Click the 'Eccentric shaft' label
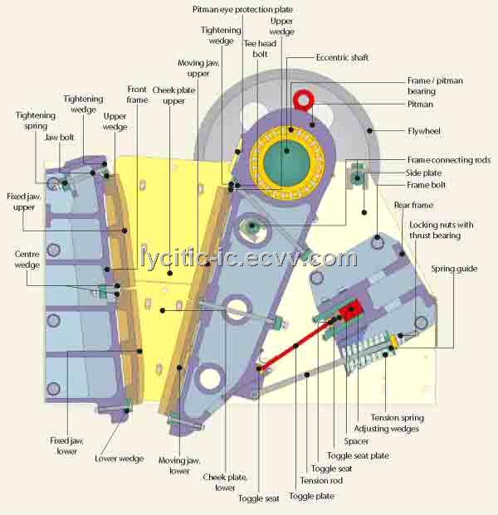tap(342, 57)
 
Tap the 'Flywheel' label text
tap(423, 131)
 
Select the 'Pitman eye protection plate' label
tap(242, 10)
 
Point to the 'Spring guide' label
tap(454, 269)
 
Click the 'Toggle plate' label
tap(311, 496)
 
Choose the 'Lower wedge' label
tap(120, 459)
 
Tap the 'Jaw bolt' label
tap(59, 138)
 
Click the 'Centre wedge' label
tap(27, 260)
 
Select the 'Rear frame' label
tap(413, 206)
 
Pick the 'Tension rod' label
tap(321, 480)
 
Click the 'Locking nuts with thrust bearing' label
tap(441, 231)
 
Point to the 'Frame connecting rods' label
tap(449, 160)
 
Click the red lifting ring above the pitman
tap(304, 100)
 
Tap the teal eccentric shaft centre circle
tap(287, 163)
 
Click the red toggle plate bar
tap(294, 346)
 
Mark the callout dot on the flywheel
tap(369, 131)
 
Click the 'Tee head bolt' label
tap(260, 49)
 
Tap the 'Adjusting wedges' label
tap(386, 429)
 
